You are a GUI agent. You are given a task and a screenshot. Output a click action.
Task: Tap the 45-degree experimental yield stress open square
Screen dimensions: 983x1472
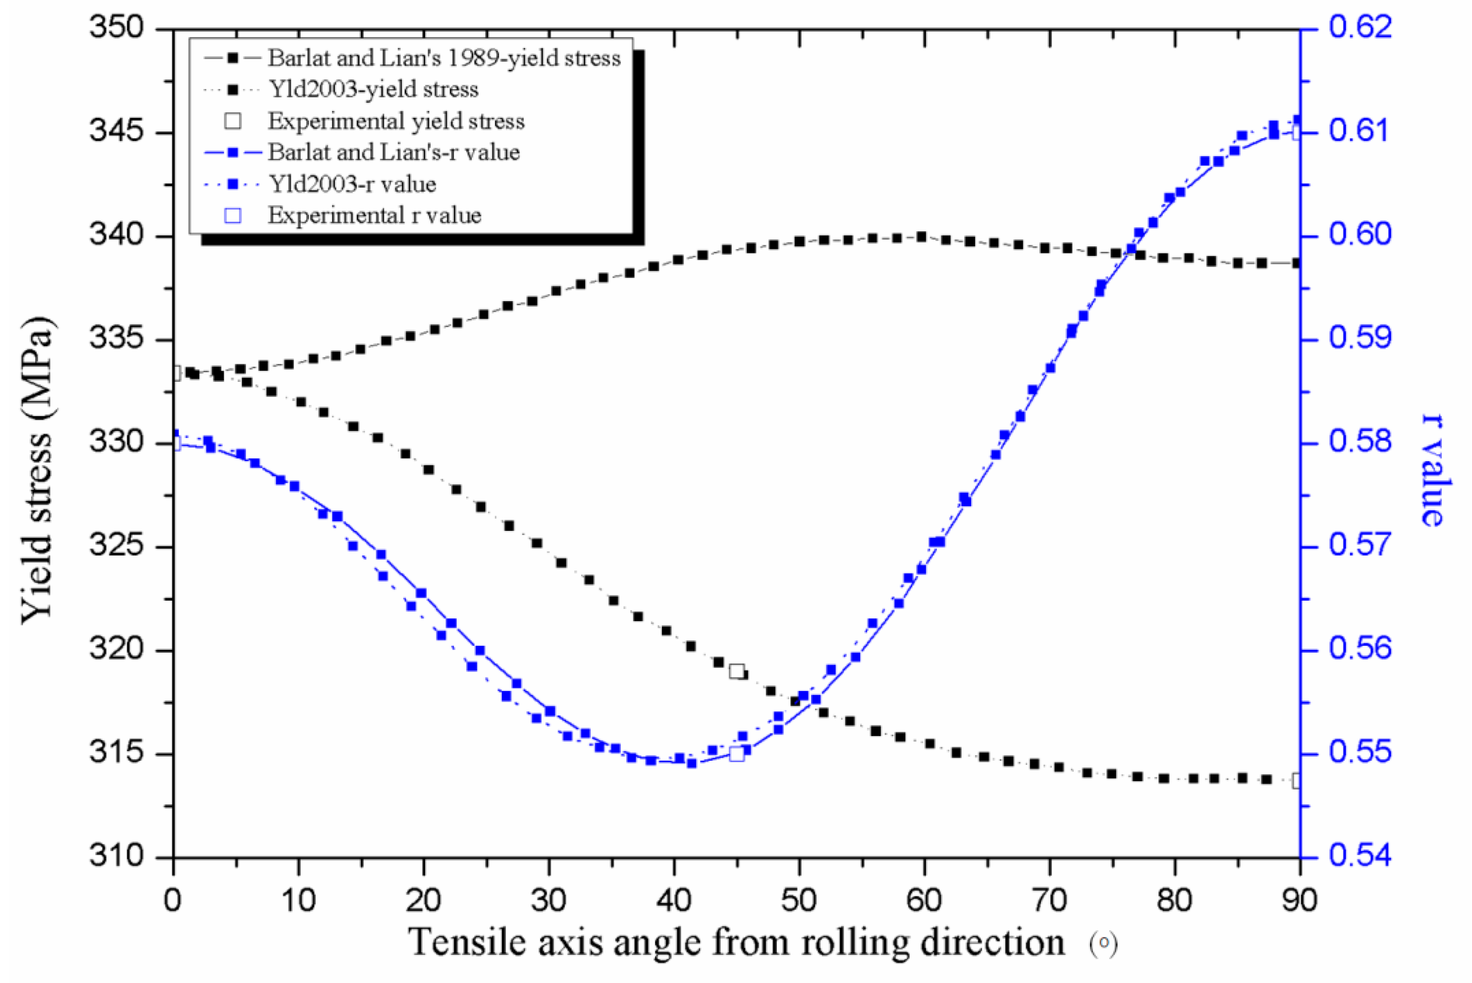pyautogui.click(x=737, y=671)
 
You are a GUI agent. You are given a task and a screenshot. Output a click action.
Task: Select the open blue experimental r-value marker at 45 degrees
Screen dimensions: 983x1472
pyautogui.click(x=737, y=754)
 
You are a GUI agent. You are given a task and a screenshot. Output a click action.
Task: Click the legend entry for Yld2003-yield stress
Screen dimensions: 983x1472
pyautogui.click(x=373, y=89)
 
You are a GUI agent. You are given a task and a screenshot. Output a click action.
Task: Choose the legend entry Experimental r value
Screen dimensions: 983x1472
pyautogui.click(x=374, y=216)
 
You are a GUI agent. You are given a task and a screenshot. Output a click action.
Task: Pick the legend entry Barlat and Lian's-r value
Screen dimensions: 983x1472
pyautogui.click(x=393, y=153)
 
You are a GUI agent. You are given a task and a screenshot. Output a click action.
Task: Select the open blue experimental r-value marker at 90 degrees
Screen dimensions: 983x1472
pyautogui.click(x=1297, y=133)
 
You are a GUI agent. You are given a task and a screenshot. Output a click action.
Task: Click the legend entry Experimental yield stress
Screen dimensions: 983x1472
pyautogui.click(x=396, y=121)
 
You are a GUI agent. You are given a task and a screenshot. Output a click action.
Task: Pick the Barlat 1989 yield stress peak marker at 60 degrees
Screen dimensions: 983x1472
pyautogui.click(x=921, y=237)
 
